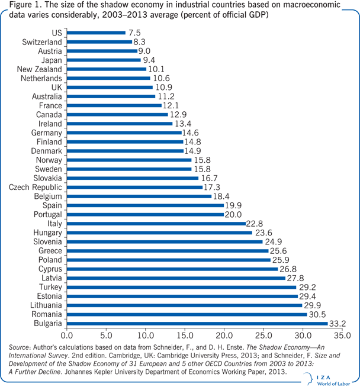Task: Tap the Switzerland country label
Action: (x=42, y=43)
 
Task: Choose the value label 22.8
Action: (x=255, y=224)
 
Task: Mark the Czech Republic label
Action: (x=35, y=188)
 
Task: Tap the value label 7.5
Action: (x=135, y=33)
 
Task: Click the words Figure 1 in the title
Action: (x=20, y=5)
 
